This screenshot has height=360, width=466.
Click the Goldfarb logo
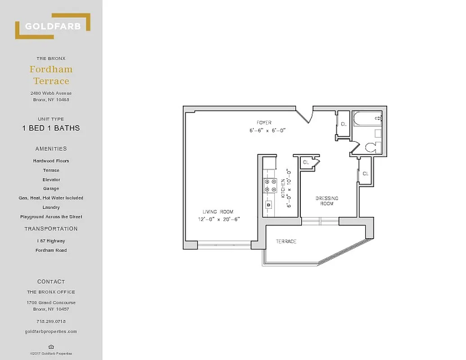[53, 26]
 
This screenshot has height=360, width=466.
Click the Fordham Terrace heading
[51, 75]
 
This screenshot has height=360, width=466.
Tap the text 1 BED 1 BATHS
[51, 128]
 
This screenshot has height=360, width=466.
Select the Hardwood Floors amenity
[51, 161]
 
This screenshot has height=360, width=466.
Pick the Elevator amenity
[51, 180]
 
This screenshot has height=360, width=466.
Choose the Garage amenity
[51, 189]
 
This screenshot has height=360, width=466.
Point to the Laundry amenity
[51, 207]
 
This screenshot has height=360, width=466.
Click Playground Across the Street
[51, 217]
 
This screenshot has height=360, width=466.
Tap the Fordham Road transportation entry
[51, 250]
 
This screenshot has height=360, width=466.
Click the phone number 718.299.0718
[51, 321]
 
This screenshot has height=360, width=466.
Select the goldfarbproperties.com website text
[51, 332]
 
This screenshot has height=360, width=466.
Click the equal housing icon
[51, 346]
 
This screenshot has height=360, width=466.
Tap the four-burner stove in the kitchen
[270, 186]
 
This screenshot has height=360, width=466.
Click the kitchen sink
[269, 204]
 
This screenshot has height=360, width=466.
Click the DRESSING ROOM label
[327, 201]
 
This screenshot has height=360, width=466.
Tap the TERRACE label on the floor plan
[286, 242]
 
